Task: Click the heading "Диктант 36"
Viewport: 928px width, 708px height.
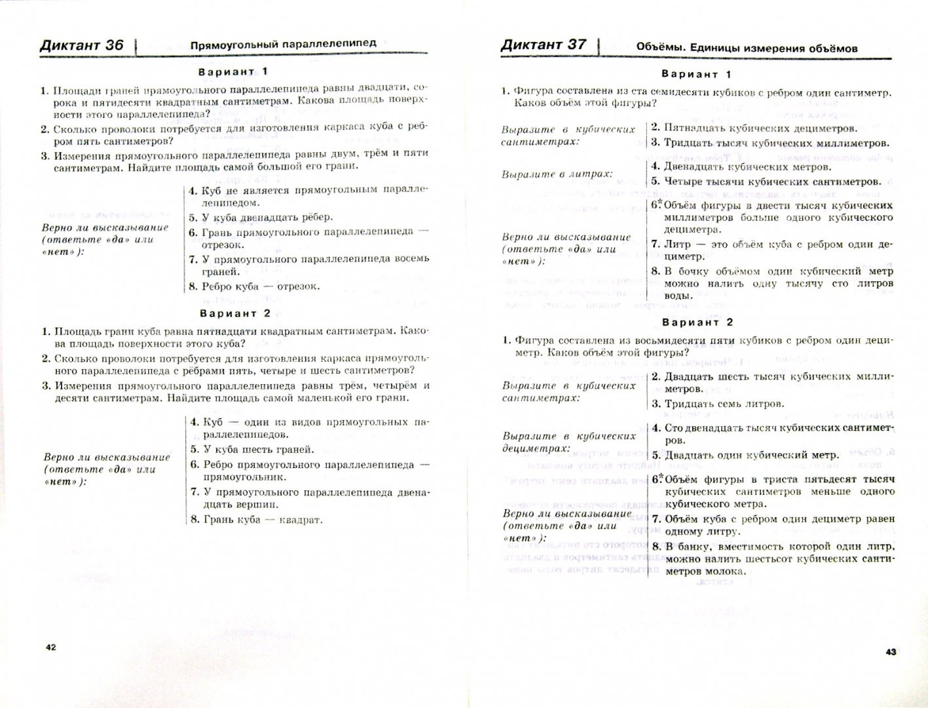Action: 82,45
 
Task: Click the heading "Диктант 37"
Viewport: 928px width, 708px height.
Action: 543,45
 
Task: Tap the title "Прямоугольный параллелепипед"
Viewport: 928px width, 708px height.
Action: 283,44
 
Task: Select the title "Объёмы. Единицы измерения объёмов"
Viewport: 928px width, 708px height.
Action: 747,47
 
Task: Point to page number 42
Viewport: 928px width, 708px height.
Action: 51,647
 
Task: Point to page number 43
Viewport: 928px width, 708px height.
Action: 891,652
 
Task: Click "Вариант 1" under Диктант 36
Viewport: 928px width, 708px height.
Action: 234,71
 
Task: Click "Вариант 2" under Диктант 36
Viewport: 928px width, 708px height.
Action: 235,313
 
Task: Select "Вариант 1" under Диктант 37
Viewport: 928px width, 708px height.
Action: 696,74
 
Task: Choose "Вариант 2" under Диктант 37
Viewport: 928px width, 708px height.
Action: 697,323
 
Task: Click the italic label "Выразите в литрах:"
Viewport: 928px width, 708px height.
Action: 557,174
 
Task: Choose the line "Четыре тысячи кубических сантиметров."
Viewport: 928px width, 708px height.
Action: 773,182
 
